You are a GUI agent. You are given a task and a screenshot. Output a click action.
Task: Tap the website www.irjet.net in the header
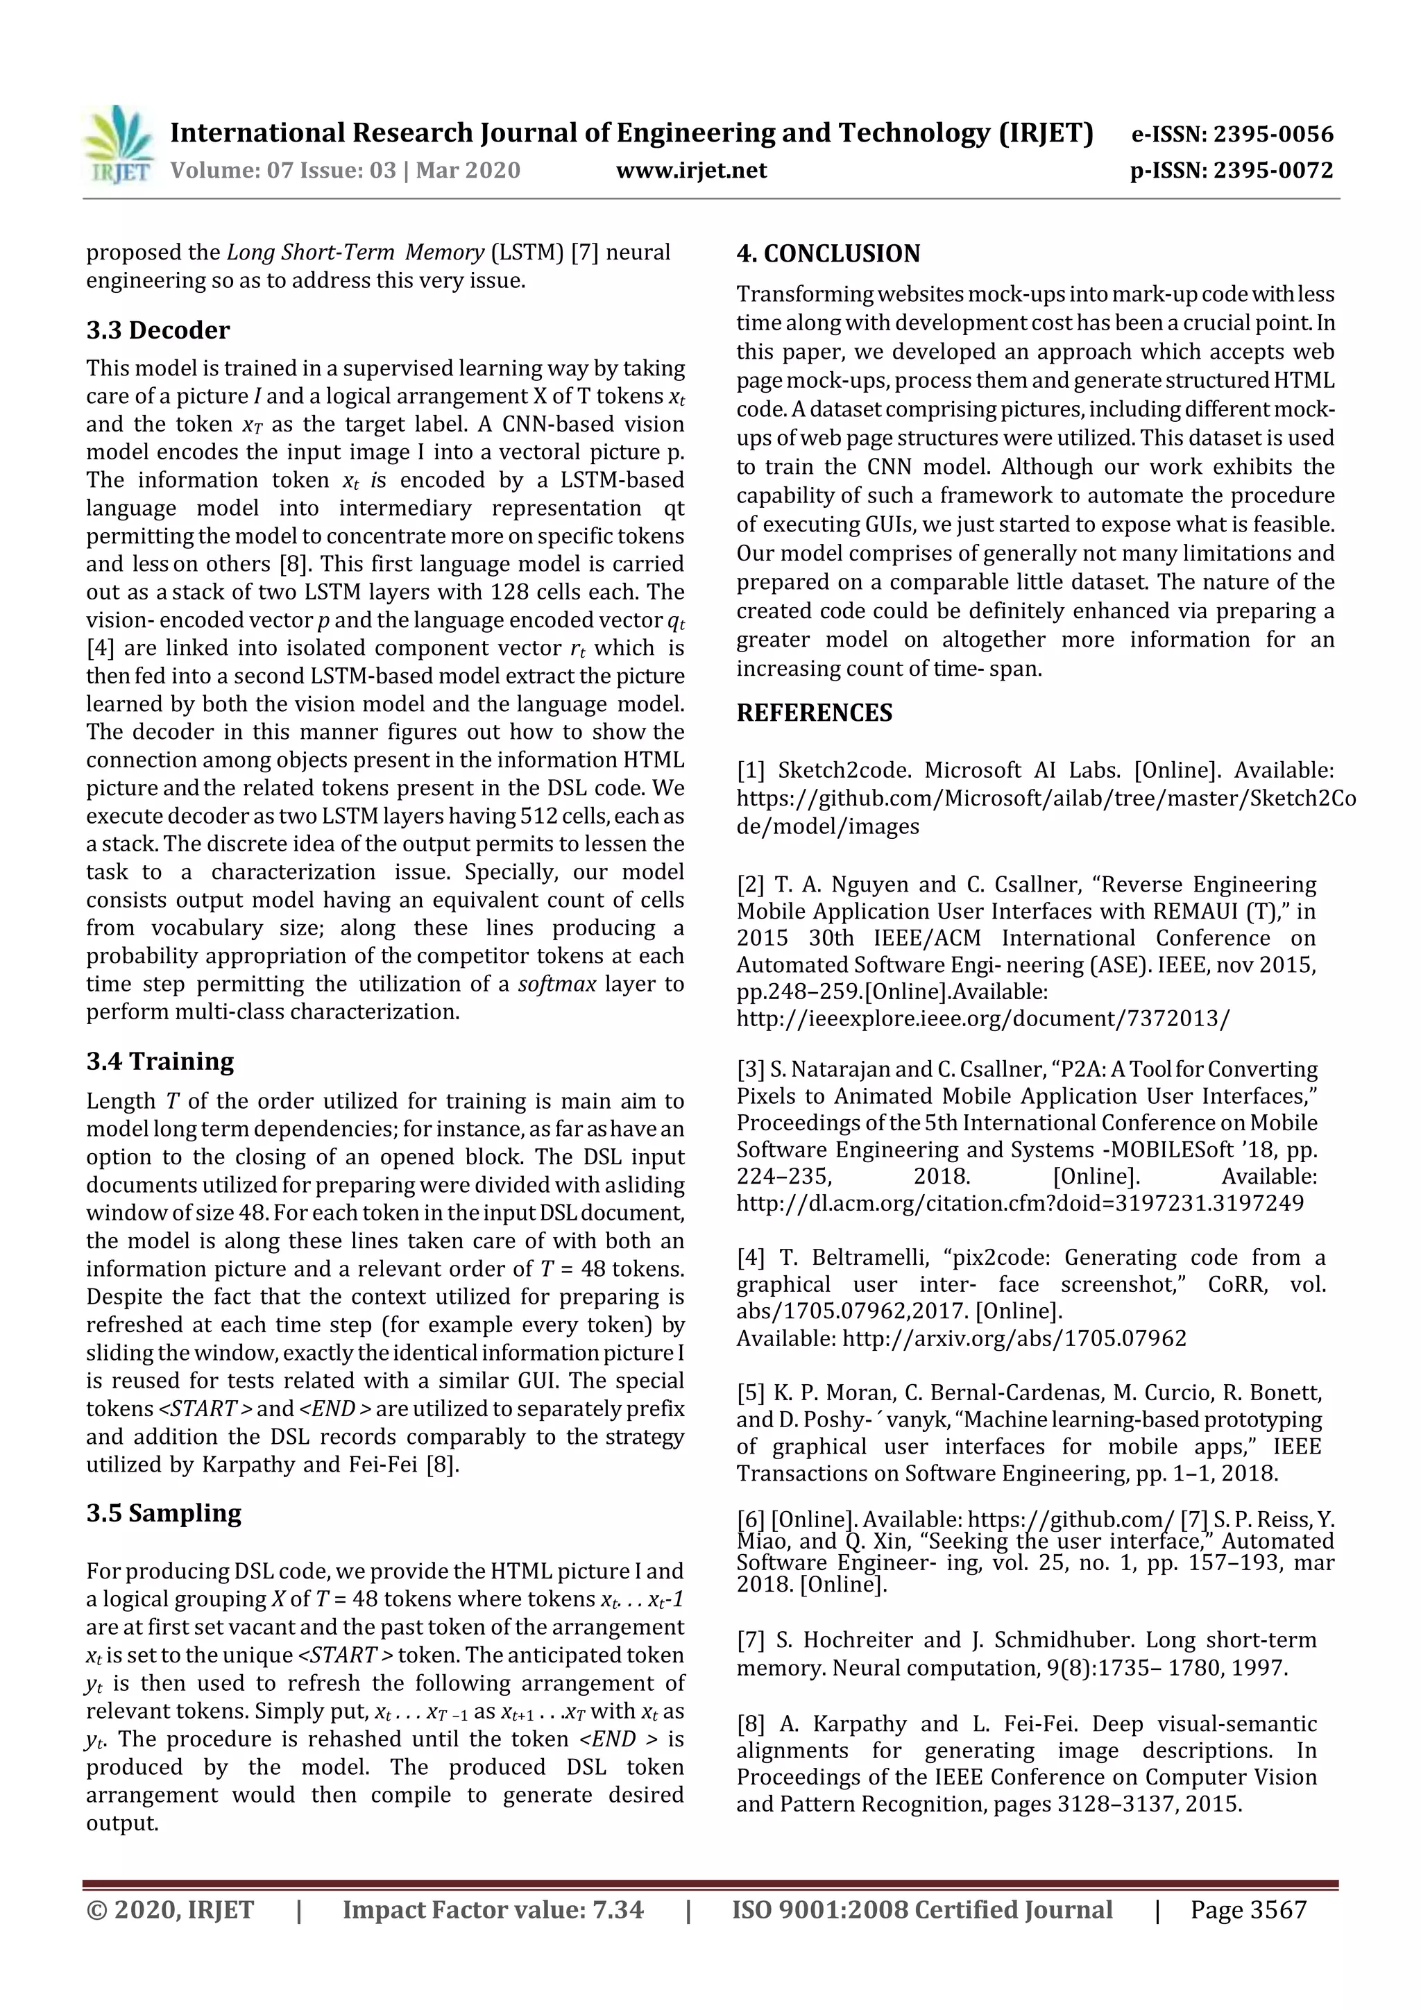(x=691, y=170)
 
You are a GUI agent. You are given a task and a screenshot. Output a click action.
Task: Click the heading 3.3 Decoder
(x=158, y=330)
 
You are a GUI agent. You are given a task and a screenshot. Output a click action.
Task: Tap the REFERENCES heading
(x=815, y=713)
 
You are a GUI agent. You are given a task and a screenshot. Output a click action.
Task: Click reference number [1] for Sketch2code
(x=750, y=770)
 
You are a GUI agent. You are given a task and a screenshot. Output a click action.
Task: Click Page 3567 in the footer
(x=1248, y=1909)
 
